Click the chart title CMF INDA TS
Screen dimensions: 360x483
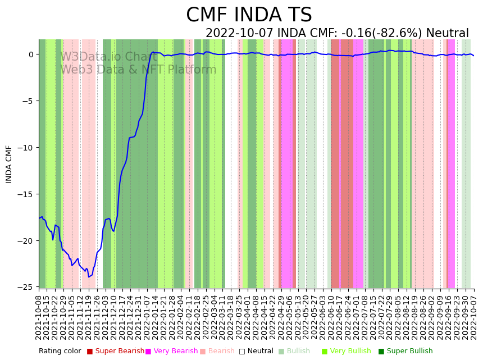coord(249,15)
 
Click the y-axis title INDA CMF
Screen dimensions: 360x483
coord(9,164)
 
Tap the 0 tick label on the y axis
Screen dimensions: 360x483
coord(30,54)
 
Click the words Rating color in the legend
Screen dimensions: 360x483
coord(60,351)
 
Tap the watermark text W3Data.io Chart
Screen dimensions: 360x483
coord(108,57)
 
